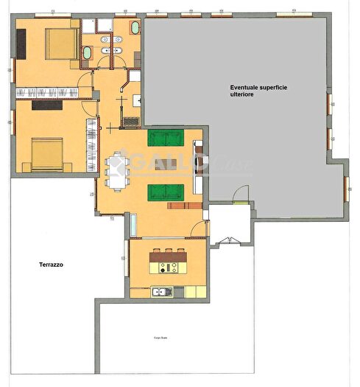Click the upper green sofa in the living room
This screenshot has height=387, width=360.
(166, 138)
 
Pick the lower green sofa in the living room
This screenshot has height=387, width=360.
(166, 192)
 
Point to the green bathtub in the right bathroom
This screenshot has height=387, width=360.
(135, 29)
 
